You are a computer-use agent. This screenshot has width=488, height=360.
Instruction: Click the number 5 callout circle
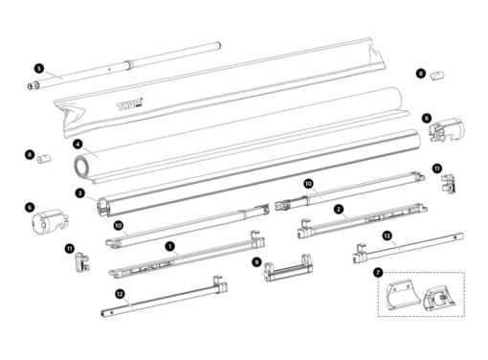(39, 68)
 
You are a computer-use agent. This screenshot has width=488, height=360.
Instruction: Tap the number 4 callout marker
(78, 144)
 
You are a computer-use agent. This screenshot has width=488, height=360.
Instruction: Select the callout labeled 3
(80, 192)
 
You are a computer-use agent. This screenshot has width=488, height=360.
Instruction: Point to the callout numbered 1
(170, 246)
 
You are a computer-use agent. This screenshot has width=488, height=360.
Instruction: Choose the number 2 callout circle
(339, 210)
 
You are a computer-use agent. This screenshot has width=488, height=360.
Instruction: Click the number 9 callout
(256, 262)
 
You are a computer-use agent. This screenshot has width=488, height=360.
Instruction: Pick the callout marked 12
(120, 294)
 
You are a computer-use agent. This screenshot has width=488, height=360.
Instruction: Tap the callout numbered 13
(387, 236)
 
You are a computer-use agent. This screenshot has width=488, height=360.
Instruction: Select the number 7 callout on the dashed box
(378, 273)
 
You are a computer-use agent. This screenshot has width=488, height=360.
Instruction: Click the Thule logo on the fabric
(130, 104)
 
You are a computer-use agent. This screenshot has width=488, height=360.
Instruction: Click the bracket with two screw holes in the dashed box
(401, 294)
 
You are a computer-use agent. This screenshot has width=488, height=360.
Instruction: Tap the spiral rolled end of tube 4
(81, 167)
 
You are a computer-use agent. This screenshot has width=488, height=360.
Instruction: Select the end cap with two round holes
(47, 221)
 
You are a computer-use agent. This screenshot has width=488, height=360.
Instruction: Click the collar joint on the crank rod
(128, 64)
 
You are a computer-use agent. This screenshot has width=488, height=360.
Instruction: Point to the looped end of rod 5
(33, 86)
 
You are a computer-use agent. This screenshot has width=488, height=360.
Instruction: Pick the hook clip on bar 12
(220, 284)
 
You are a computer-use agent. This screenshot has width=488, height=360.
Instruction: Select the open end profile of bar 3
(103, 207)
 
